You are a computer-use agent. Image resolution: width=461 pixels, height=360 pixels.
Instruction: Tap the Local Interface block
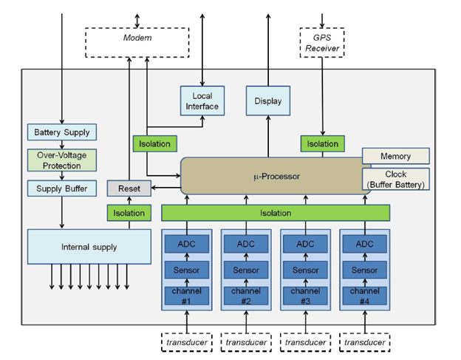point(202,101)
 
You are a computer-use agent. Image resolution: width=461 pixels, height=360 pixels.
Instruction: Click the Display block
point(267,101)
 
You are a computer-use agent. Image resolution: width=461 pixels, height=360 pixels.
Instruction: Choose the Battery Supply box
point(62,133)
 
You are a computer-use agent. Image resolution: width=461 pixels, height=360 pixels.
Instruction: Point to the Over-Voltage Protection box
point(62,160)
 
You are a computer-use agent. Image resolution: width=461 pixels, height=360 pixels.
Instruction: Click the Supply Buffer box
point(62,189)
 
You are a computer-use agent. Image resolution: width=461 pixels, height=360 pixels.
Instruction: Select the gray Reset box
point(129,189)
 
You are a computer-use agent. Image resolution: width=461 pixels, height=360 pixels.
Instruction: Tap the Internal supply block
point(78,246)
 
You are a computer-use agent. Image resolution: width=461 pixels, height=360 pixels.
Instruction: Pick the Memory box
point(395,156)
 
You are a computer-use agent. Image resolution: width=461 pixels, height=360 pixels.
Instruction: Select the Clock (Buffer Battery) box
point(395,179)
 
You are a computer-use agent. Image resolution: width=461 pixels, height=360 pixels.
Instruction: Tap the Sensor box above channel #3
point(305,270)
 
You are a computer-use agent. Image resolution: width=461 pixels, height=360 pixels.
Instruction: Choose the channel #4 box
point(364,296)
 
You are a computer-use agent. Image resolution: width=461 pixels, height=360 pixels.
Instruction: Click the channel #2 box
point(246,296)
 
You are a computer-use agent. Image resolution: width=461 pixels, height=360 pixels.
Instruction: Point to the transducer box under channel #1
point(187,342)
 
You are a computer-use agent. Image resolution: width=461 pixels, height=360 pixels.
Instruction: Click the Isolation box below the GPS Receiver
point(322,143)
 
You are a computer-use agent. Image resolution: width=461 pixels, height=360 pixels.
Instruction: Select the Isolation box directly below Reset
point(129,213)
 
